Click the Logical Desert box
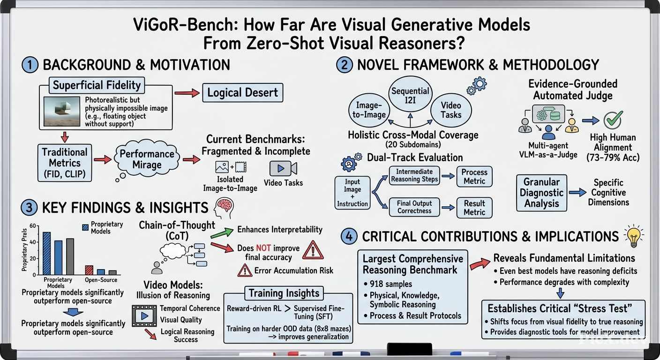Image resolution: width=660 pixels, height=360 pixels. pyautogui.click(x=242, y=92)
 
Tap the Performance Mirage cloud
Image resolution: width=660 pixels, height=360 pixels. pyautogui.click(x=147, y=159)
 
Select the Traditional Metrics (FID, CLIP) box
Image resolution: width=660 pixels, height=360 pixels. pyautogui.click(x=65, y=163)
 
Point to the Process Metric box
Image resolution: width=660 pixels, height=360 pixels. pyautogui.click(x=474, y=176)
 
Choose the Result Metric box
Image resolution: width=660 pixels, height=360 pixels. pyautogui.click(x=474, y=208)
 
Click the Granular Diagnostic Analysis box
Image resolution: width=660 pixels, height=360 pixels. pyautogui.click(x=541, y=193)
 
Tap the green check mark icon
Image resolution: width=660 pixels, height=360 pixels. pyautogui.click(x=613, y=120)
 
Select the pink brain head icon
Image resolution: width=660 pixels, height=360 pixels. pyautogui.click(x=224, y=208)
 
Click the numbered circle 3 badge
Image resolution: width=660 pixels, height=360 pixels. pyautogui.click(x=29, y=207)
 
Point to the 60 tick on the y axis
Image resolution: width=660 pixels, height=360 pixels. pyautogui.click(x=32, y=226)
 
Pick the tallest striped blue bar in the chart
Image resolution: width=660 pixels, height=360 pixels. pyautogui.click(x=47, y=253)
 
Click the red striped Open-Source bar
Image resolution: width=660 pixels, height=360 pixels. pyautogui.click(x=89, y=270)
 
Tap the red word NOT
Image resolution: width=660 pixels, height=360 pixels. pyautogui.click(x=263, y=248)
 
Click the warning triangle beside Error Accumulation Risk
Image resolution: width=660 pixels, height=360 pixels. pyautogui.click(x=245, y=270)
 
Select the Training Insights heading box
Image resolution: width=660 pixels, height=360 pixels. pyautogui.click(x=284, y=293)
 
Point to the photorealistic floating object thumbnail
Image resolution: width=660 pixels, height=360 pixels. pyautogui.click(x=61, y=112)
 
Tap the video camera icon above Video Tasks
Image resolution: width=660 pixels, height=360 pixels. pyautogui.click(x=283, y=168)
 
